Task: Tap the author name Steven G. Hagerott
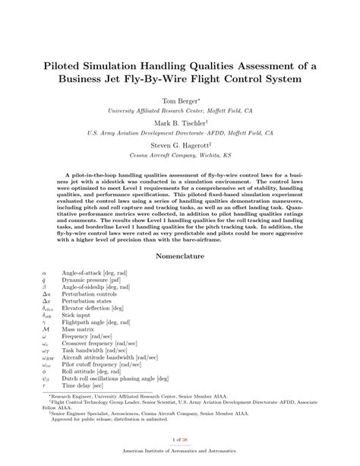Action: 179,143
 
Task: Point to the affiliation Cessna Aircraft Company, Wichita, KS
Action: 180,154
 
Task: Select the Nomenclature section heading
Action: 180,256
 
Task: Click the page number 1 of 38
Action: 180,439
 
